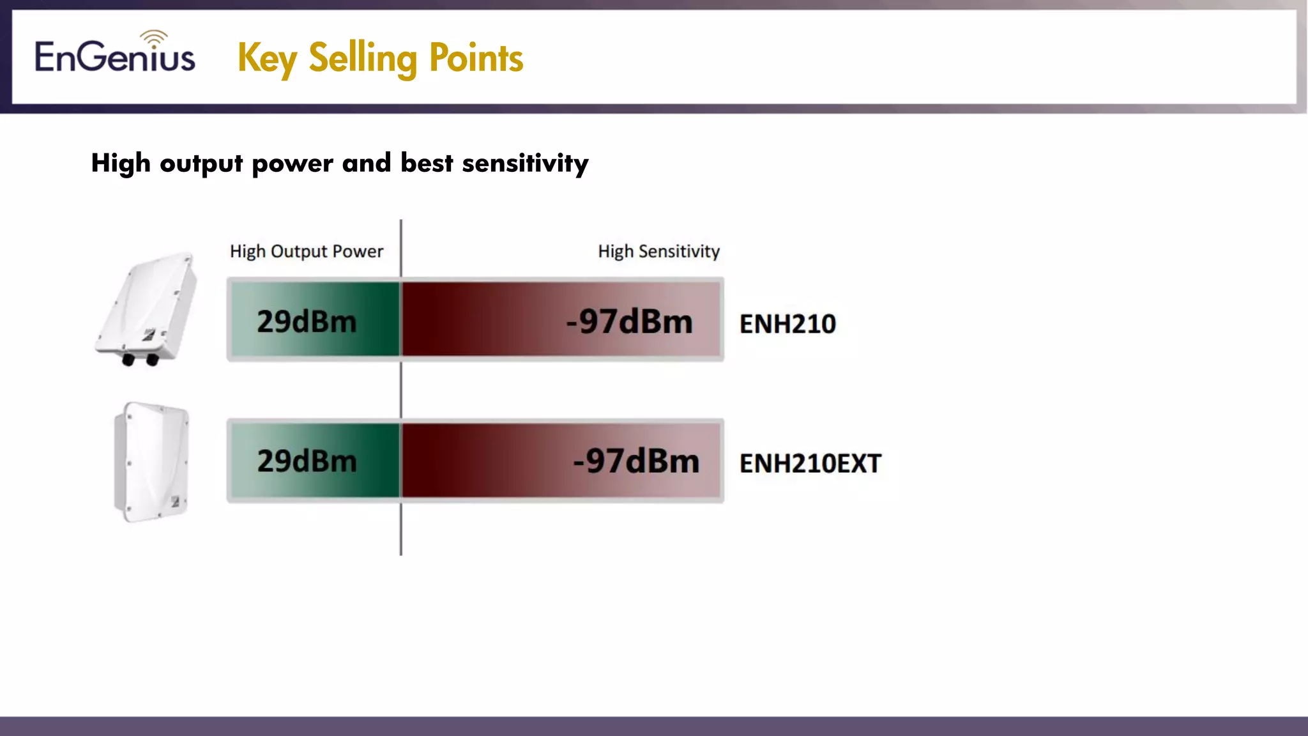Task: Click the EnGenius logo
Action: tap(115, 56)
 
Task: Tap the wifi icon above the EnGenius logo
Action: tap(154, 38)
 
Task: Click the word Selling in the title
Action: tap(363, 58)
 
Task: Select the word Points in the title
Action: tap(476, 58)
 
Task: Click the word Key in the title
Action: tap(266, 59)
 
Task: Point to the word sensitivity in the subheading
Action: tap(524, 164)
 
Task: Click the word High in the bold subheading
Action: tap(121, 164)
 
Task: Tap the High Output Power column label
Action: tap(307, 251)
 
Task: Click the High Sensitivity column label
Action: tap(658, 251)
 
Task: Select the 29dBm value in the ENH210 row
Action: tap(307, 321)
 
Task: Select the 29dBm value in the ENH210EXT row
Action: tap(307, 461)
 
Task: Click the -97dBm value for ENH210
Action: tap(629, 321)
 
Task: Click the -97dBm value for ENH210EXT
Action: tap(636, 461)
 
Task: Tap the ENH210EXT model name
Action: tap(810, 463)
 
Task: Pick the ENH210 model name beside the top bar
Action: tap(787, 324)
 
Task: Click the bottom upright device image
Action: tap(152, 461)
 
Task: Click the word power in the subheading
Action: tap(293, 164)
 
